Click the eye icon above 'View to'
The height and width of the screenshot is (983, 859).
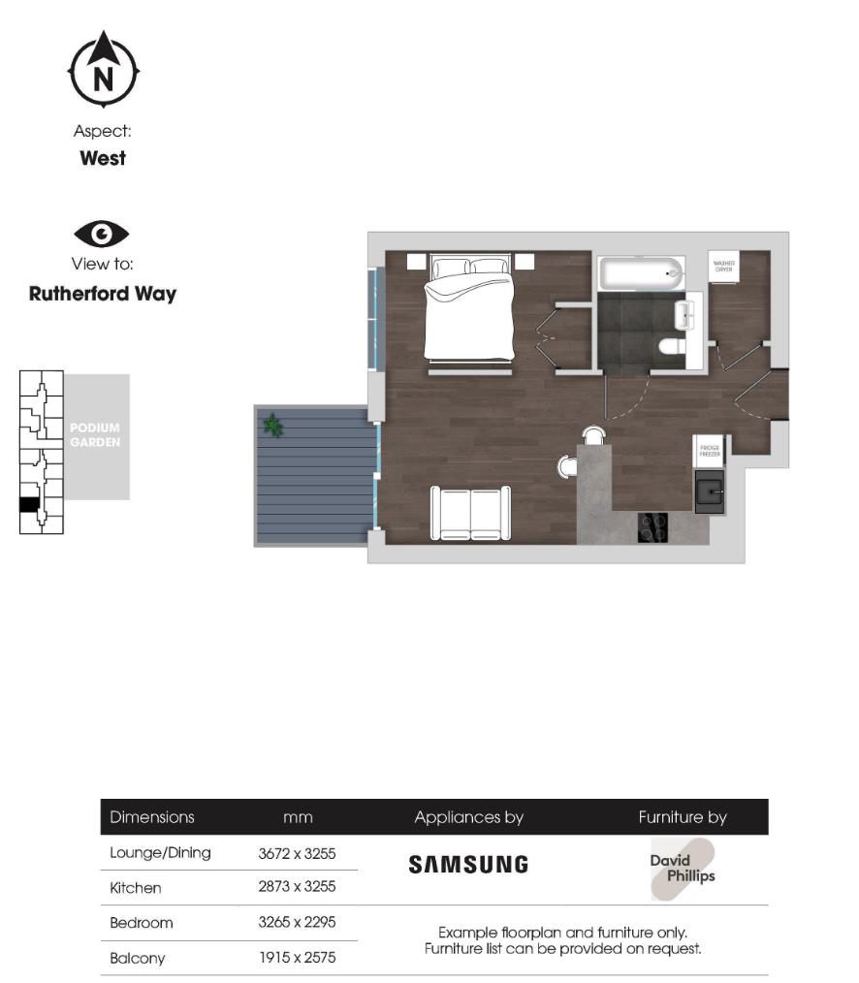102,234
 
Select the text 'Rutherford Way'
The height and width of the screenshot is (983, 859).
103,294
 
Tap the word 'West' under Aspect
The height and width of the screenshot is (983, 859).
103,158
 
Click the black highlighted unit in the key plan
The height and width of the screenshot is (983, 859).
30,504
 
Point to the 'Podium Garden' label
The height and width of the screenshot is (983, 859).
95,435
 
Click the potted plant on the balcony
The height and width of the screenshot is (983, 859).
273,425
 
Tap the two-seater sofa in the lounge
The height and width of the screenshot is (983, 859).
470,513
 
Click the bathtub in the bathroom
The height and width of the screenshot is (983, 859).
641,274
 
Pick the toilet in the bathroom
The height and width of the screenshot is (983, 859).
671,346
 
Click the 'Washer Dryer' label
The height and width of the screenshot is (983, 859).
723,266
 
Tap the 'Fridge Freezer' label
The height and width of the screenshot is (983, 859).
708,452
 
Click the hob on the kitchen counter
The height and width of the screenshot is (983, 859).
652,527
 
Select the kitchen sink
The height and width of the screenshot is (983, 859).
710,492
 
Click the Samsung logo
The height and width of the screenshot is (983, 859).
468,864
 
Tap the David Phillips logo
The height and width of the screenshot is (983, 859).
683,869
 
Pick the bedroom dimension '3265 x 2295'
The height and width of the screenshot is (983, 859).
297,922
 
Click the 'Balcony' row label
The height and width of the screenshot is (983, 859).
138,958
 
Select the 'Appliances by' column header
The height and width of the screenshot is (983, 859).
468,817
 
